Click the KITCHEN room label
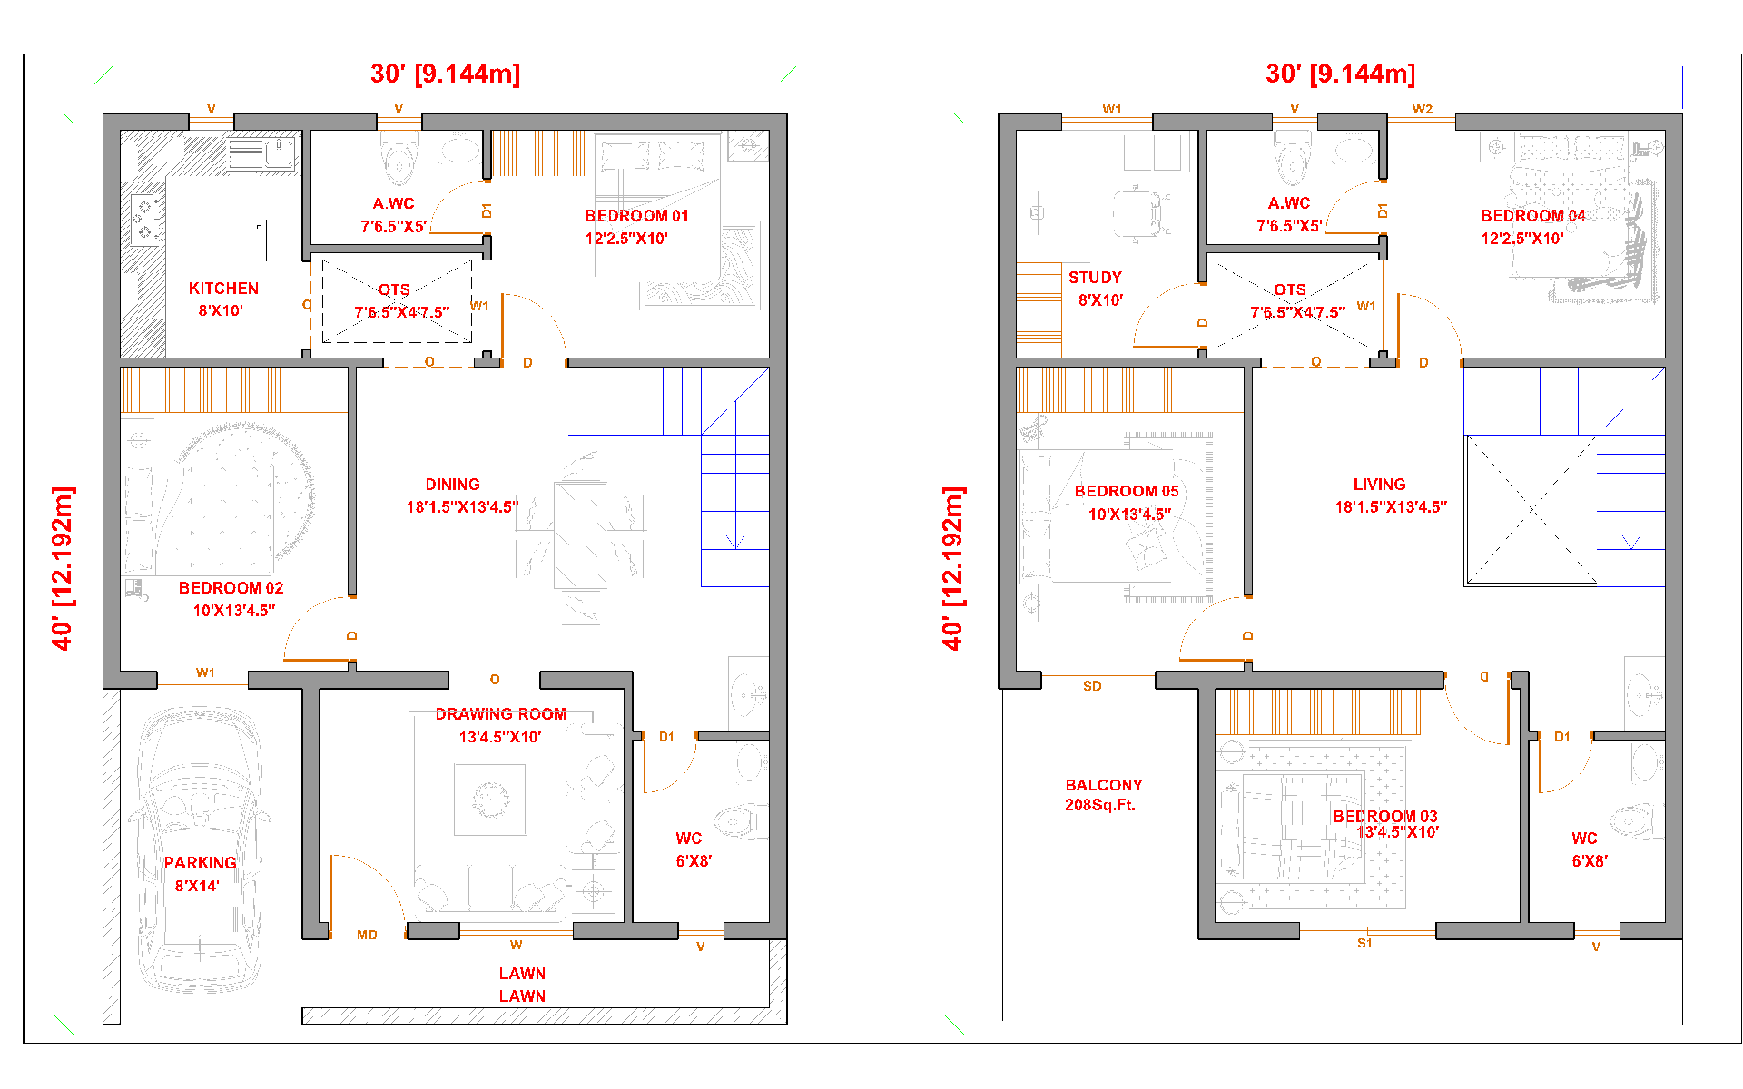tap(223, 289)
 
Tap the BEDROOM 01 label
tap(636, 216)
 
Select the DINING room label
tap(452, 485)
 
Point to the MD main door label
tap(367, 935)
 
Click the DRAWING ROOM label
tap(500, 714)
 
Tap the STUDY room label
tap(1095, 278)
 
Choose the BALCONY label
tap(1104, 785)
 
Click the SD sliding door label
tap(1092, 686)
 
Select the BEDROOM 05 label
tap(1127, 491)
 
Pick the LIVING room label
tap(1379, 485)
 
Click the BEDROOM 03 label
tap(1385, 816)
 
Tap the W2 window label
tap(1422, 109)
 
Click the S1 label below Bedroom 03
tap(1364, 943)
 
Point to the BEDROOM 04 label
tap(1533, 216)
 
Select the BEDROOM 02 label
tap(231, 588)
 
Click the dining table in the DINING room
tap(580, 535)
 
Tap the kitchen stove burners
tap(145, 220)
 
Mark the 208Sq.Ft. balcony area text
tap(1100, 805)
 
